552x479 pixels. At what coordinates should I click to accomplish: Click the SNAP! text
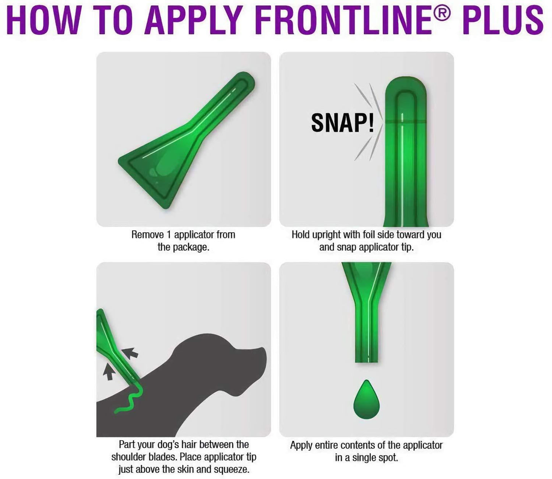(x=343, y=123)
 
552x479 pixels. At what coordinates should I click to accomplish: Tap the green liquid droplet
(x=366, y=399)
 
